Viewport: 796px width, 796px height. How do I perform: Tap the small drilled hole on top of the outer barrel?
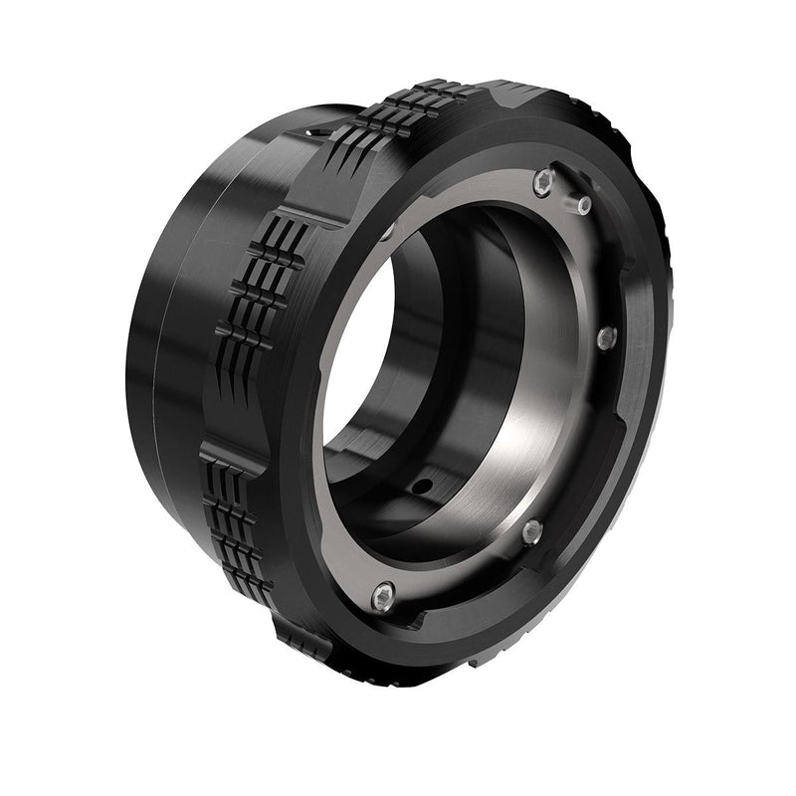tap(316, 130)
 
